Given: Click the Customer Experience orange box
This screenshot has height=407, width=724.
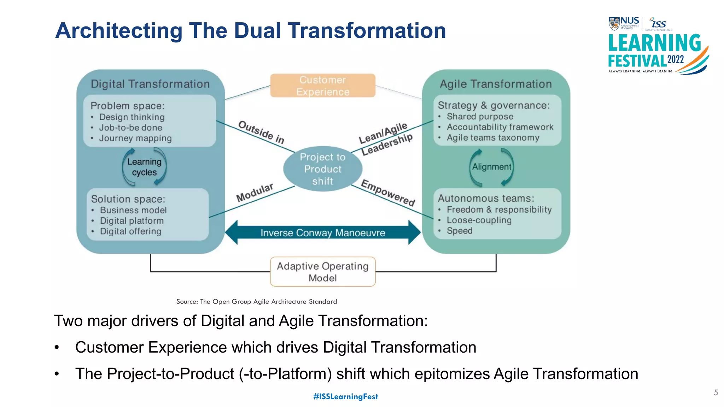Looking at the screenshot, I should click(322, 85).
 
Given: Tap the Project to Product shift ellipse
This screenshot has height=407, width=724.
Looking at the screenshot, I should click(322, 169).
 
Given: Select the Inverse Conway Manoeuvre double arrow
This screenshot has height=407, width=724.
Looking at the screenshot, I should click(322, 232).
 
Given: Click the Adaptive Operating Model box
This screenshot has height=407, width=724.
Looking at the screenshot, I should click(322, 272).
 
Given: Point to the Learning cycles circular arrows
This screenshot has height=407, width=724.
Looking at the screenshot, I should click(144, 167).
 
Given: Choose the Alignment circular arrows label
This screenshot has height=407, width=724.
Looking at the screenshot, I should click(491, 167).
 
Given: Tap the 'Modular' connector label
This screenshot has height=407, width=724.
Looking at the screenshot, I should click(255, 193).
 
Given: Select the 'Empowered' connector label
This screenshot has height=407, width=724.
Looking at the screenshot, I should click(388, 193).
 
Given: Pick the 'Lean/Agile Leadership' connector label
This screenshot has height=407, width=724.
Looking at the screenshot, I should click(385, 139).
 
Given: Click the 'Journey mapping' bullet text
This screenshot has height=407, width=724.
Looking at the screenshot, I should click(135, 138).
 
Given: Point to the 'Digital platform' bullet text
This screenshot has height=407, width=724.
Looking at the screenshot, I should click(132, 221).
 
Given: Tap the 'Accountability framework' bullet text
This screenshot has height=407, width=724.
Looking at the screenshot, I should click(500, 127).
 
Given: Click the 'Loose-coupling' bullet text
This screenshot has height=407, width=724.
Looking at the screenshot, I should click(479, 220).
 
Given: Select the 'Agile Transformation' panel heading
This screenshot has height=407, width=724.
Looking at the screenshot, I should click(496, 84).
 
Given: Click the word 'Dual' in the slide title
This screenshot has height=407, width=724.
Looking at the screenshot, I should click(258, 30).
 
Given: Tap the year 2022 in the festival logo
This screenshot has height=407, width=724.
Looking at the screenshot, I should click(676, 59).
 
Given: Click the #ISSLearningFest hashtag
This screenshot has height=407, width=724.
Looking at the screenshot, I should click(345, 396).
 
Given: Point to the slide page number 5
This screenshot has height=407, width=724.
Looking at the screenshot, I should click(716, 393).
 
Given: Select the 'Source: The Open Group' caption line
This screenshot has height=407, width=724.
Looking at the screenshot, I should click(257, 301).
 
